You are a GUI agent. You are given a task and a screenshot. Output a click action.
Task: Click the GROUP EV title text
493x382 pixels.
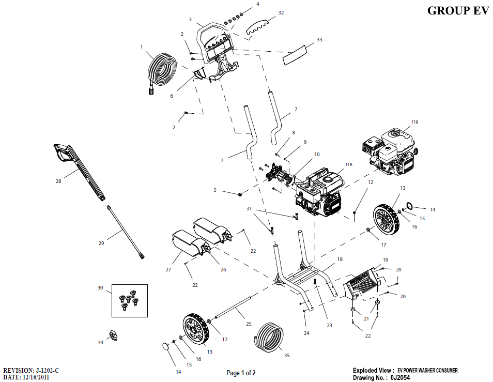click(x=457, y=11)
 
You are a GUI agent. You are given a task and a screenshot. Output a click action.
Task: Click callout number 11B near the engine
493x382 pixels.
click(x=414, y=122)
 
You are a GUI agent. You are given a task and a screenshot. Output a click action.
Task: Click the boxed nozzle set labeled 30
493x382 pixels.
click(x=129, y=300)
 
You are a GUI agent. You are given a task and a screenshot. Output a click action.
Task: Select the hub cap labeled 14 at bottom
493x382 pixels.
click(x=166, y=347)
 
